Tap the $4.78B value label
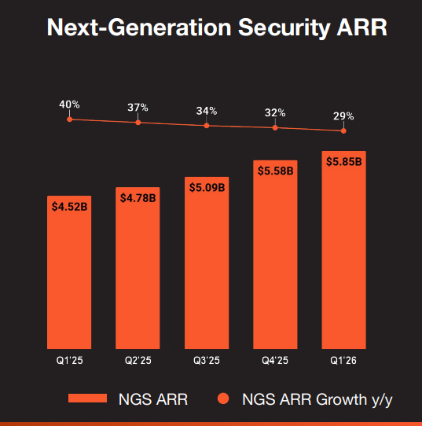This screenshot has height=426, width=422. click(138, 198)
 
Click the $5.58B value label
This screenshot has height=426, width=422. click(275, 171)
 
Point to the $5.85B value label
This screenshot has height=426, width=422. click(343, 161)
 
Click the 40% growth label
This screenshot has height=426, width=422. click(70, 105)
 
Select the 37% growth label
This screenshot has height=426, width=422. click(138, 108)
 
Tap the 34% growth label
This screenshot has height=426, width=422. click(207, 110)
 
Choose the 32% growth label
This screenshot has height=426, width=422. click(275, 112)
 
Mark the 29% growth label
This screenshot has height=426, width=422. click(343, 116)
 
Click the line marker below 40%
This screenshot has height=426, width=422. click(70, 119)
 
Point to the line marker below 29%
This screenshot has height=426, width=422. click(343, 130)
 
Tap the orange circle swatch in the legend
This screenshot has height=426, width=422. click(223, 399)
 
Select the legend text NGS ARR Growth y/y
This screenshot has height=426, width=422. click(314, 399)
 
